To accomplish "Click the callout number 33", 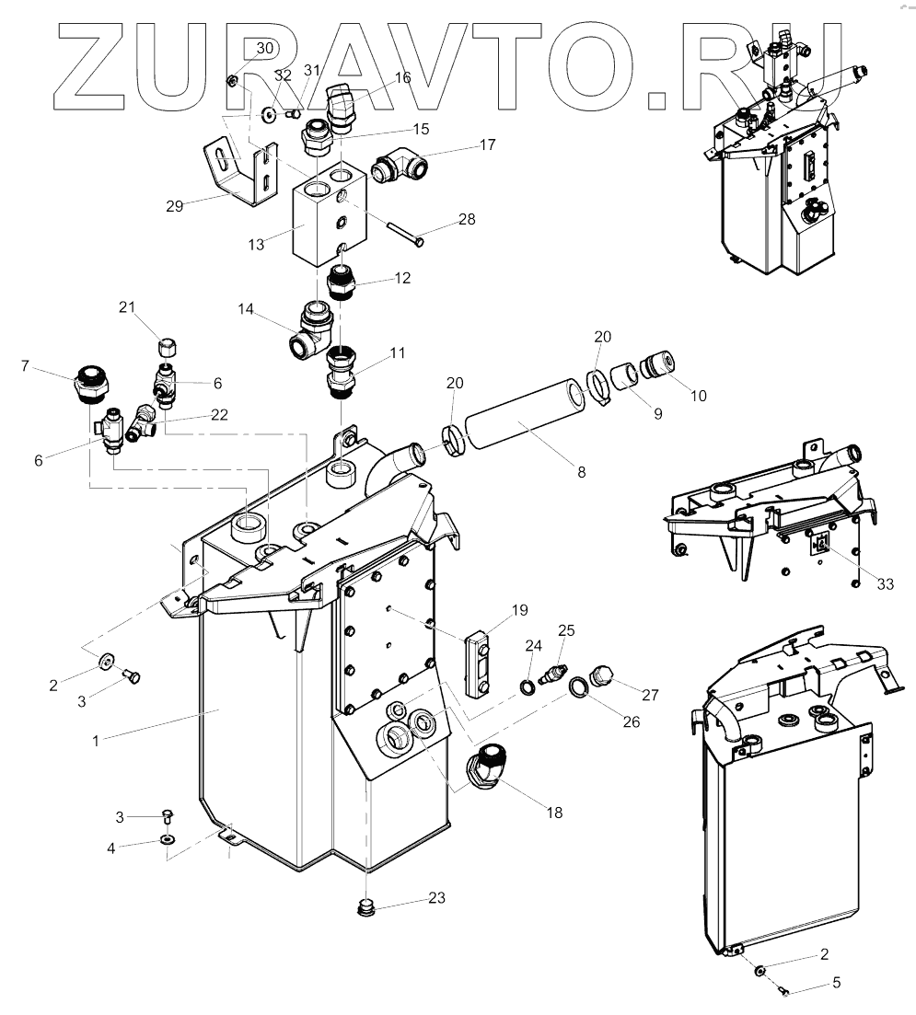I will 885,583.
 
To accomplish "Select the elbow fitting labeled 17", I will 397,168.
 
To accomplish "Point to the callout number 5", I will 836,983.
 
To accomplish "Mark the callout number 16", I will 402,78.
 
